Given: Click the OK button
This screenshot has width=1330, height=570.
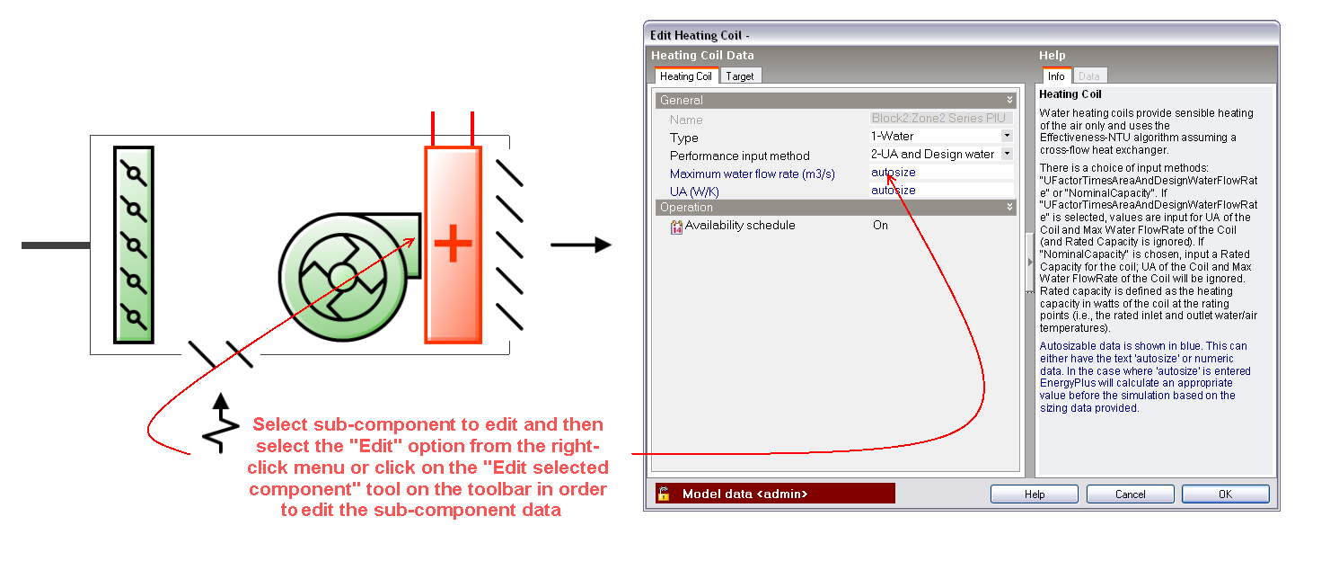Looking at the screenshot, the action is coord(1225,494).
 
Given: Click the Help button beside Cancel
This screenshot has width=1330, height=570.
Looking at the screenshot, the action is coord(1034,494).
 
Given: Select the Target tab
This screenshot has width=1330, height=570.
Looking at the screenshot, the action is coord(739,76).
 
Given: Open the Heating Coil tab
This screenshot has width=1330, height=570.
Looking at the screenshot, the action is coord(686,76).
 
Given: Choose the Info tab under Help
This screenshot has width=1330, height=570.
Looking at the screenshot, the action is coord(1056,76).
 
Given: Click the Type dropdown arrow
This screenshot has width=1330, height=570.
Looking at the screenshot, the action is coord(1007,136).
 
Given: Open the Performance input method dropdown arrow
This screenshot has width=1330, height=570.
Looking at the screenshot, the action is coord(1007,154).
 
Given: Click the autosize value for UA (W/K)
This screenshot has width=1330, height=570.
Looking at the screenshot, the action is coord(893,191).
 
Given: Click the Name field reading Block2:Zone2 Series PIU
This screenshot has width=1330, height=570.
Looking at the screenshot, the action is coord(940,119).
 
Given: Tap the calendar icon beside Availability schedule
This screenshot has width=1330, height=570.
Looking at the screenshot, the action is coord(676,227).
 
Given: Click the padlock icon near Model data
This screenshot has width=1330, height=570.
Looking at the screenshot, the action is coord(664,494).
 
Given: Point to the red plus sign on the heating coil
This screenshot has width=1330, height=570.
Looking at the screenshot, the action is coord(453,243).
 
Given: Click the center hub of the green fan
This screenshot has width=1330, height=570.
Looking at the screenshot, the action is coord(342,277).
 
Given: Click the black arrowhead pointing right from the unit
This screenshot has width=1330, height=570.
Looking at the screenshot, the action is coord(603,245).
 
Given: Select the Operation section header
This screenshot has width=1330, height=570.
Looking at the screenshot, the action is coord(835,207).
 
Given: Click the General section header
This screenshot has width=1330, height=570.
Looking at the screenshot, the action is coord(835,100).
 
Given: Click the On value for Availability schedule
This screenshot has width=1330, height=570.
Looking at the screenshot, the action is coord(880,226).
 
